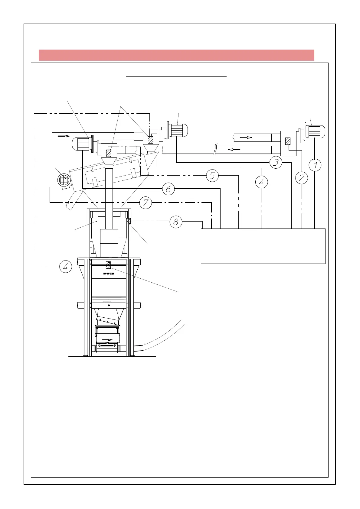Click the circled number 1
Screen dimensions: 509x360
pyautogui.click(x=315, y=165)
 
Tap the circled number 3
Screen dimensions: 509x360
pyautogui.click(x=276, y=162)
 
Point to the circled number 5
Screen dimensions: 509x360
pyautogui.click(x=212, y=176)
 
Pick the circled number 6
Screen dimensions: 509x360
pyautogui.click(x=169, y=189)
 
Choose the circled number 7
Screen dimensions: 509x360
pyautogui.click(x=146, y=203)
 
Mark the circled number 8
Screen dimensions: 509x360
pyautogui.click(x=176, y=222)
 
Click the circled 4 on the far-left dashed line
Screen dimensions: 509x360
pyautogui.click(x=65, y=267)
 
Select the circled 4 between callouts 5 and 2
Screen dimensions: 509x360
pyautogui.click(x=261, y=182)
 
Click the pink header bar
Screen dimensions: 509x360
pyautogui.click(x=176, y=55)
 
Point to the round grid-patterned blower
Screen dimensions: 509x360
pyautogui.click(x=64, y=180)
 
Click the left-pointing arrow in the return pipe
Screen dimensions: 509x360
pyautogui.click(x=234, y=149)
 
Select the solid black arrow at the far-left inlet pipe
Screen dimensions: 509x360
pyautogui.click(x=64, y=136)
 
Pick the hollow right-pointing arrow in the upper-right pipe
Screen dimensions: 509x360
pyautogui.click(x=246, y=138)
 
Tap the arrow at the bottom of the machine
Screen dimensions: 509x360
pyautogui.click(x=107, y=340)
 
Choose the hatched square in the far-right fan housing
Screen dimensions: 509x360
pyautogui.click(x=288, y=141)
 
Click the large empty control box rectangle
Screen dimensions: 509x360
pyautogui.click(x=263, y=246)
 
